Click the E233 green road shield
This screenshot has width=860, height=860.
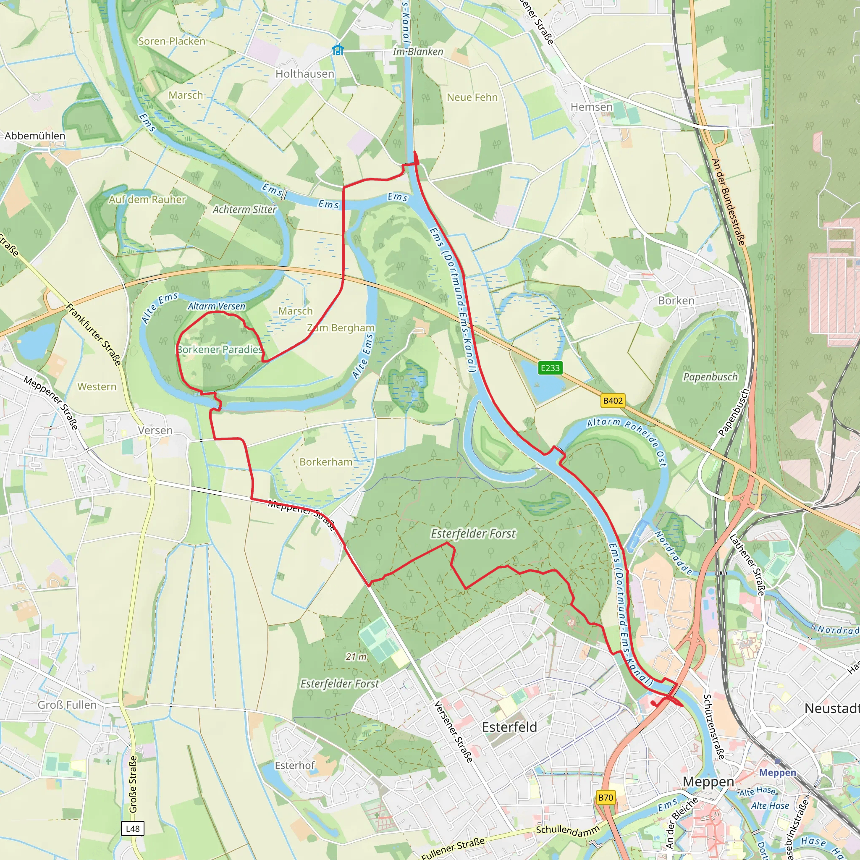pyautogui.click(x=550, y=368)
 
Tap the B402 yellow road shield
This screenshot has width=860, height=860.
pyautogui.click(x=613, y=401)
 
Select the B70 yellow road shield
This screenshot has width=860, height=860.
pyautogui.click(x=606, y=797)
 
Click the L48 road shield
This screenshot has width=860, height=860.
pyautogui.click(x=132, y=829)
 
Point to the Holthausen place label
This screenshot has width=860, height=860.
pyautogui.click(x=304, y=74)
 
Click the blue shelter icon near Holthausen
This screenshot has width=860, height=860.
pyautogui.click(x=338, y=50)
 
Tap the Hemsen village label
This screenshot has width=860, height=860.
pyautogui.click(x=591, y=107)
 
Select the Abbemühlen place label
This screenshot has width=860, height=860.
pyautogui.click(x=35, y=136)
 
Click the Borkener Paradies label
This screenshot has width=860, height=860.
pyautogui.click(x=220, y=349)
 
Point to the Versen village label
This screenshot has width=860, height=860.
pyautogui.click(x=155, y=430)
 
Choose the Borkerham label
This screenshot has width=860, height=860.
pyautogui.click(x=326, y=462)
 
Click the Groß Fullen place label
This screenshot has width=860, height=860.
pyautogui.click(x=67, y=705)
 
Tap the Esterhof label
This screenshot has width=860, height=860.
pyautogui.click(x=294, y=765)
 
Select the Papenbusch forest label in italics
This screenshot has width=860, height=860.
pyautogui.click(x=710, y=377)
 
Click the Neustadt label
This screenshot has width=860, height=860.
pyautogui.click(x=831, y=708)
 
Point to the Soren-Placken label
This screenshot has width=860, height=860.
pyautogui.click(x=172, y=42)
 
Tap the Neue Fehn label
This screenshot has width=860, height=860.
pyautogui.click(x=472, y=97)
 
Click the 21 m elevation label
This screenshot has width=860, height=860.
pyautogui.click(x=356, y=657)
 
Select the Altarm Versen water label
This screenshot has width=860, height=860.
pyautogui.click(x=216, y=306)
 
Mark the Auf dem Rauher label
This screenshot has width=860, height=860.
pyautogui.click(x=147, y=199)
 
